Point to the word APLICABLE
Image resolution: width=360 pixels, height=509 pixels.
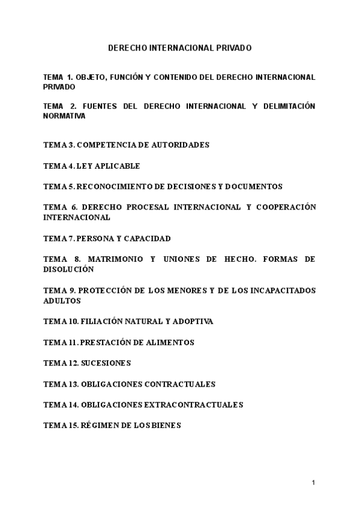click(119, 166)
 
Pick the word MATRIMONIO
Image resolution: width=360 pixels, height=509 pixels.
click(115, 259)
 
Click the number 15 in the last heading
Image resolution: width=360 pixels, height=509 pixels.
click(71, 426)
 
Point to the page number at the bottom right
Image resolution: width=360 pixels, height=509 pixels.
click(314, 482)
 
